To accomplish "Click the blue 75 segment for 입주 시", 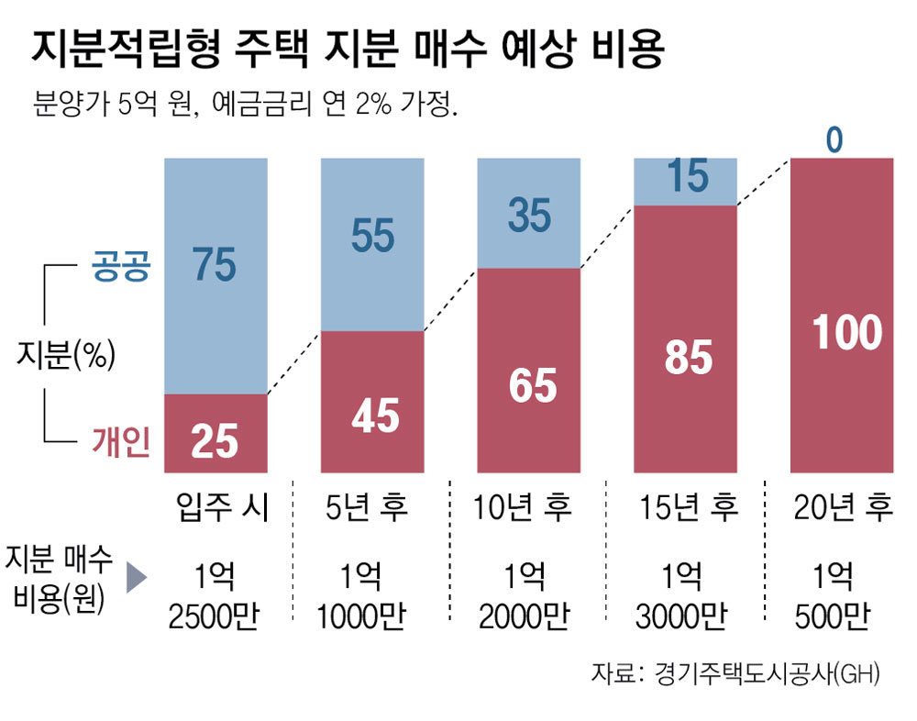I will (x=215, y=275).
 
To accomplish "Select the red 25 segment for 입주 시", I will (x=215, y=434).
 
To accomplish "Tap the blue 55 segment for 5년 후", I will (x=373, y=244).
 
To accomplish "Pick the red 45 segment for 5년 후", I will (x=373, y=402).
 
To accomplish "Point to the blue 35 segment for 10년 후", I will (x=530, y=213).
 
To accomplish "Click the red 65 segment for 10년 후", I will (x=530, y=371).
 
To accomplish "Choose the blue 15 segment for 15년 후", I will (x=687, y=181).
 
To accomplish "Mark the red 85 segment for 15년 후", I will (x=687, y=338).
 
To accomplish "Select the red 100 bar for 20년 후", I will (x=844, y=316).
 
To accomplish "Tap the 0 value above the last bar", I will (x=834, y=139).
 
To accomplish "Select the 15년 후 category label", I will (x=688, y=506).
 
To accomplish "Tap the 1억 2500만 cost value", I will (x=215, y=597).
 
